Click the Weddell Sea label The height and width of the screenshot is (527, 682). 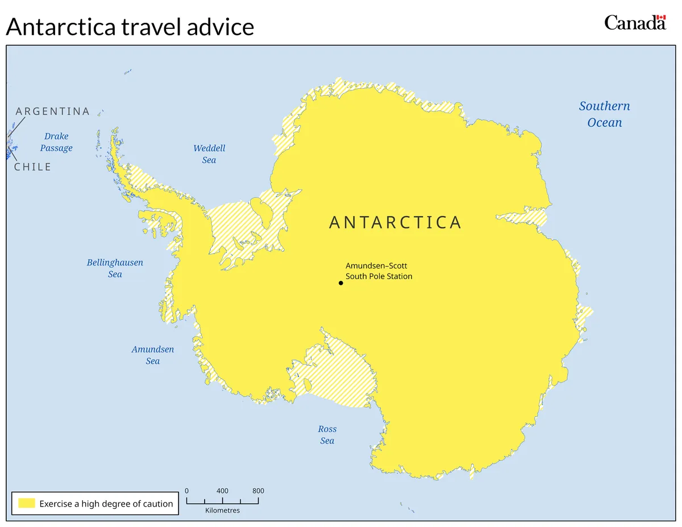(209, 154)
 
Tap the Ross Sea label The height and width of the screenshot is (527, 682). (327, 435)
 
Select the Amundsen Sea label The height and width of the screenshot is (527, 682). (153, 355)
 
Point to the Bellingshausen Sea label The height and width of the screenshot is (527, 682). (115, 268)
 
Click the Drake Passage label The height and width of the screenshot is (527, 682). (56, 142)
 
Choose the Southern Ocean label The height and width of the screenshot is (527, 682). (604, 114)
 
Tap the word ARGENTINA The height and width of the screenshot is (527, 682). (53, 111)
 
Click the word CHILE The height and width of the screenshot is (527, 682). (33, 167)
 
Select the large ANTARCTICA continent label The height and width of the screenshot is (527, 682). (396, 222)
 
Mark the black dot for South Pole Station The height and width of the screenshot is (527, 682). (341, 283)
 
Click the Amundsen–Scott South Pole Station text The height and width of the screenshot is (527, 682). (379, 271)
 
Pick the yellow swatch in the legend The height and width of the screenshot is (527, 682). (27, 503)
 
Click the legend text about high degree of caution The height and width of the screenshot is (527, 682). (106, 504)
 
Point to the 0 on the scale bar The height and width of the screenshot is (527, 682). (186, 491)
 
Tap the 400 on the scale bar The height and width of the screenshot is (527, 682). (222, 491)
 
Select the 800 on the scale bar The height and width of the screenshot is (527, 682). (258, 491)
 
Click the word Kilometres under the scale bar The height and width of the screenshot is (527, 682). (222, 511)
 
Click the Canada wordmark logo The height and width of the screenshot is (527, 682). (635, 22)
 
